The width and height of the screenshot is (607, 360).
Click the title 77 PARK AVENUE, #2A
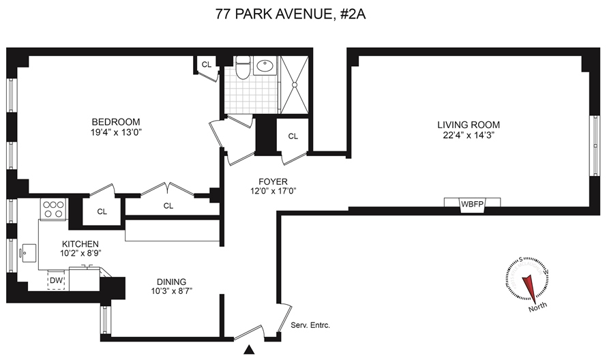291,14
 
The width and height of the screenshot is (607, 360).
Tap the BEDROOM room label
116,122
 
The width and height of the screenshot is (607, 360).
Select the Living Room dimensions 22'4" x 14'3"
469,136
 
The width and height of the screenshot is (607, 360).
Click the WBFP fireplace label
472,203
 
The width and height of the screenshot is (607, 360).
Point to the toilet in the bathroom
243,67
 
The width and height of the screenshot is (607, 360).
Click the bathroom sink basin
265,65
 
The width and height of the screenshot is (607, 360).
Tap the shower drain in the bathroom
295,85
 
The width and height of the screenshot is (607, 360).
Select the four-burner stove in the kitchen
54,209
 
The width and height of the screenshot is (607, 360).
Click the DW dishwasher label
56,280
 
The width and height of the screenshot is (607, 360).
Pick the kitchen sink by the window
29,253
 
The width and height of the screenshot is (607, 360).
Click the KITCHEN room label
80,244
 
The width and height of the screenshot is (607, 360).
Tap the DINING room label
171,282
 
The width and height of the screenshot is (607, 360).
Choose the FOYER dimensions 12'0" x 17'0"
273,191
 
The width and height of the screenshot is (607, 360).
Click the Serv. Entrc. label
310,325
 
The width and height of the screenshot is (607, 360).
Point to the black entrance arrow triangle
250,350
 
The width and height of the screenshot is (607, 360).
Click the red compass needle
529,289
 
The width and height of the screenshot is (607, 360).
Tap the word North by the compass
537,307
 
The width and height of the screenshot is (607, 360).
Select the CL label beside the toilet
207,65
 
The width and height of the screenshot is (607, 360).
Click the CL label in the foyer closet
293,136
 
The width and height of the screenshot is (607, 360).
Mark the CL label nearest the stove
102,212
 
